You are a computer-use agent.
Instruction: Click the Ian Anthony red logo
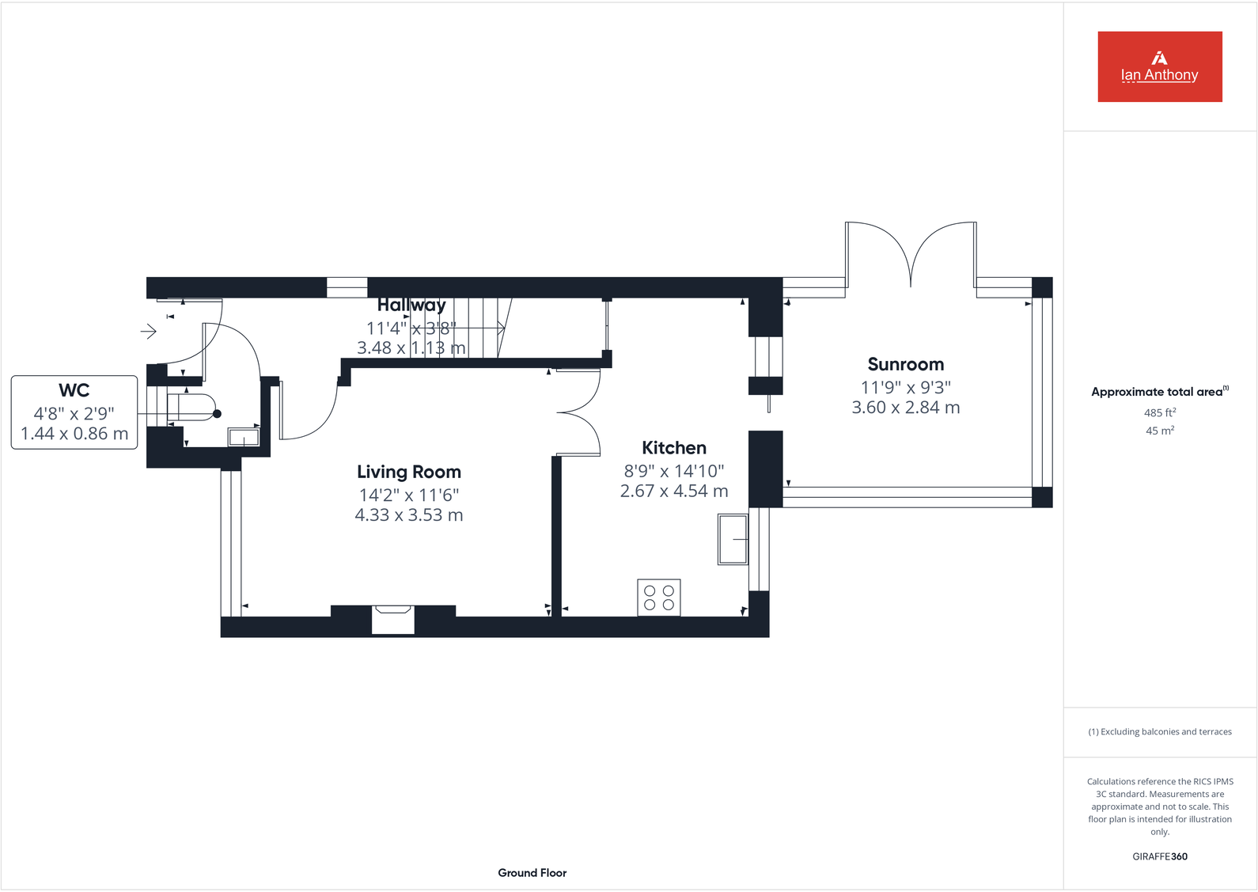tap(1159, 66)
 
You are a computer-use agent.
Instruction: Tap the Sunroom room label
tap(905, 365)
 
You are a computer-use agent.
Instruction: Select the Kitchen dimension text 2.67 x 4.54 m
tap(673, 492)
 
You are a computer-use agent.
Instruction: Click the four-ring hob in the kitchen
tap(659, 598)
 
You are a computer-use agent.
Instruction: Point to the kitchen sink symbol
tap(733, 539)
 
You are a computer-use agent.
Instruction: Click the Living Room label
tap(408, 473)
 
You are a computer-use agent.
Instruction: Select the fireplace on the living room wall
tap(393, 619)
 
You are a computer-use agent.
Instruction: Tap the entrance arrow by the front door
tap(148, 331)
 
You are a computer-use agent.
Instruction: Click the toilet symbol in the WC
tap(192, 407)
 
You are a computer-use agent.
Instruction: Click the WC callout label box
tap(74, 412)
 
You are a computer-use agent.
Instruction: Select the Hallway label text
tap(411, 306)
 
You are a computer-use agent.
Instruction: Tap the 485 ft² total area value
tap(1159, 413)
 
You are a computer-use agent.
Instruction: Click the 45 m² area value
tap(1159, 431)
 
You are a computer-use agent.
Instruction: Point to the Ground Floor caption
tap(532, 873)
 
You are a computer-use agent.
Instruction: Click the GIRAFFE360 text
tap(1159, 856)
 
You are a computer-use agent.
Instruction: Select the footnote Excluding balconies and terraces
tap(1159, 732)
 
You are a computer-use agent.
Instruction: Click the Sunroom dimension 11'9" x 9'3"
tap(905, 388)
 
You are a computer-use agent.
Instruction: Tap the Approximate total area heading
tap(1158, 392)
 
